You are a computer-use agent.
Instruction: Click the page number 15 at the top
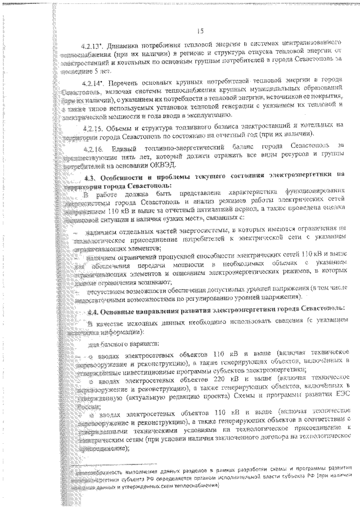click(200, 30)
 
